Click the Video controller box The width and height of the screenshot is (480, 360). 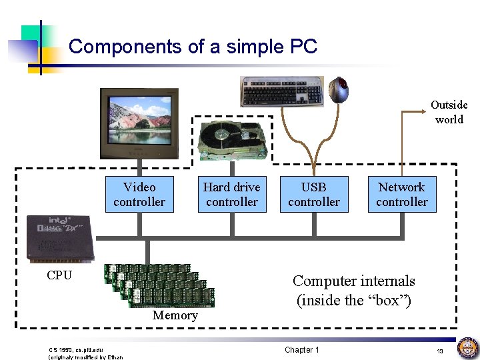pos(139,194)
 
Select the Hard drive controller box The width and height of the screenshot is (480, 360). pos(231,194)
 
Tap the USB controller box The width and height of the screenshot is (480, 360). pos(314,194)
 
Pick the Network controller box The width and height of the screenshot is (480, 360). pos(401,194)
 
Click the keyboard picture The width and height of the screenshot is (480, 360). pos(282,91)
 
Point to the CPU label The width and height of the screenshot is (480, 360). pos(59,275)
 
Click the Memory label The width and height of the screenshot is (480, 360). pos(175,315)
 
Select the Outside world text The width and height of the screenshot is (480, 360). pos(449,112)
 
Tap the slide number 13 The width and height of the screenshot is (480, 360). pos(440,351)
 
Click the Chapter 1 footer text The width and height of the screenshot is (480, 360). pos(301,350)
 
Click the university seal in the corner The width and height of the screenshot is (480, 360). pos(467,348)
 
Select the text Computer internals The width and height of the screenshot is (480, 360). pos(353,281)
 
